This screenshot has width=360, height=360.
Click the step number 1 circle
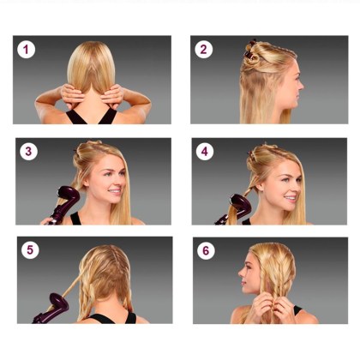pos(26,50)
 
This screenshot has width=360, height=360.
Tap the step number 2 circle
pos(203,50)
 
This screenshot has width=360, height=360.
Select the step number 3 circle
pos(28,151)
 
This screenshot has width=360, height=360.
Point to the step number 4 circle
pos(205,151)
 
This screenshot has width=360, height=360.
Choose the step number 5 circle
pos(30,250)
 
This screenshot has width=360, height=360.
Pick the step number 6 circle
pos(206,250)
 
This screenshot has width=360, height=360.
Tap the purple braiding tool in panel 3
pos(64,204)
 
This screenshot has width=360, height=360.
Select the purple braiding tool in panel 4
pos(234,208)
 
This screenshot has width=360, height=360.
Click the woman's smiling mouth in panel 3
pos(115,190)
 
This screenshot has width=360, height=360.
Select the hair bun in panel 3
pos(80,157)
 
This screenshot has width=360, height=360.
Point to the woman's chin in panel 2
pos(293,106)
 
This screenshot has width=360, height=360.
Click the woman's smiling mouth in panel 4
pos(290,197)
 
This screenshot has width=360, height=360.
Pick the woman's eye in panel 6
pos(248,267)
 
